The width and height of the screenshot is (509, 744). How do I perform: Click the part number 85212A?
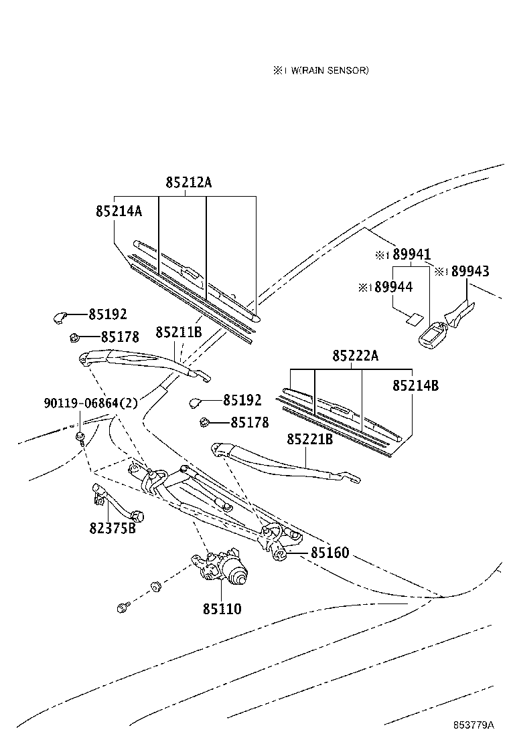[x=189, y=182]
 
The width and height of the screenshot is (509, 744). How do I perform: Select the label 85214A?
[x=119, y=211]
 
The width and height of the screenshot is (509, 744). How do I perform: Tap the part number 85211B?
[x=179, y=332]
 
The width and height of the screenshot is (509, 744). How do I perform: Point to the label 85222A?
[x=355, y=356]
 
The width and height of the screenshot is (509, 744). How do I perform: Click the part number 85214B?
[x=415, y=385]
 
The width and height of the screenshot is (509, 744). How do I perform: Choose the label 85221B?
[x=309, y=439]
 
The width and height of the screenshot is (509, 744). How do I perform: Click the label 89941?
[x=411, y=254]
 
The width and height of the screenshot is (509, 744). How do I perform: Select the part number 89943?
[x=469, y=271]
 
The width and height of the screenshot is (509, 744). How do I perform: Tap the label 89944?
[x=393, y=286]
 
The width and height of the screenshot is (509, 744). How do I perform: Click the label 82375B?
[x=112, y=528]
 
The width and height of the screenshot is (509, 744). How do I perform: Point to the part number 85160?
[x=329, y=553]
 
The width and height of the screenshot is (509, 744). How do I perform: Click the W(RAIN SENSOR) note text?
[x=328, y=70]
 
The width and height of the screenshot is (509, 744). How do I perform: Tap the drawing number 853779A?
[x=472, y=725]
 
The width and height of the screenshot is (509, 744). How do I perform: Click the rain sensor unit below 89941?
[x=431, y=335]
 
